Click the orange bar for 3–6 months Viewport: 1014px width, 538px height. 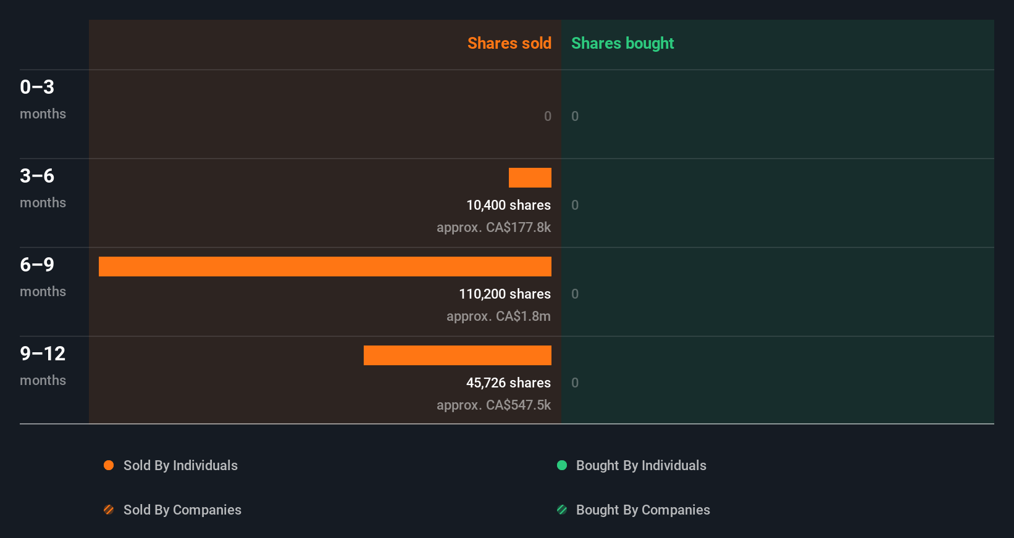(x=530, y=178)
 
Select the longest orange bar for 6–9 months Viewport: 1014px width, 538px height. (x=325, y=267)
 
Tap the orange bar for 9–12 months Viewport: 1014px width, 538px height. (x=457, y=355)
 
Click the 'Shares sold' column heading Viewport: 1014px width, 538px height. (x=509, y=43)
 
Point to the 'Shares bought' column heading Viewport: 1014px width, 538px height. (x=622, y=43)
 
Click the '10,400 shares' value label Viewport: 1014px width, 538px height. (x=508, y=205)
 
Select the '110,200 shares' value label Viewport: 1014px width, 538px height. (x=505, y=294)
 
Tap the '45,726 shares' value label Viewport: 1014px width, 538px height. (x=508, y=383)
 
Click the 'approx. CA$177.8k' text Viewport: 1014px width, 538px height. (x=493, y=227)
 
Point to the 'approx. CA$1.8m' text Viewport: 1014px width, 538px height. (x=498, y=316)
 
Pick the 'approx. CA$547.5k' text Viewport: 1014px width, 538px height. (x=493, y=405)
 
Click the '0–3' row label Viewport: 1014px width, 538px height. (x=37, y=87)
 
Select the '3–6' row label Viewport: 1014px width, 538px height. (x=37, y=176)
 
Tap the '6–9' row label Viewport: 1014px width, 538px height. (x=37, y=265)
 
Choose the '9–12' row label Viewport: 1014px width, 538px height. (x=43, y=354)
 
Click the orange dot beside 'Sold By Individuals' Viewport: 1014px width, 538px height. (x=109, y=465)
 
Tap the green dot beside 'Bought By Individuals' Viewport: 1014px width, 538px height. (x=562, y=465)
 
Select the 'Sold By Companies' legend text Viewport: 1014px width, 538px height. (x=182, y=510)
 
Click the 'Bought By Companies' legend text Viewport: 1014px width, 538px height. (x=643, y=510)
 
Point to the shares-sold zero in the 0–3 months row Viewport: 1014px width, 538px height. (x=548, y=116)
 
